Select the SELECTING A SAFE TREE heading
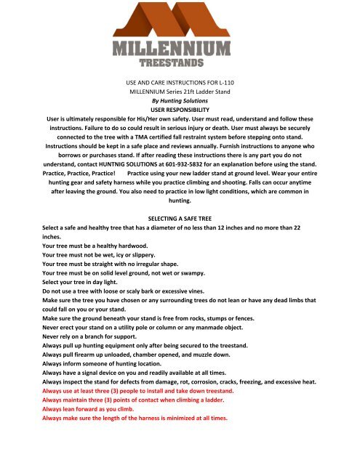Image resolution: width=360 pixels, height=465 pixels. (x=180, y=217)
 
